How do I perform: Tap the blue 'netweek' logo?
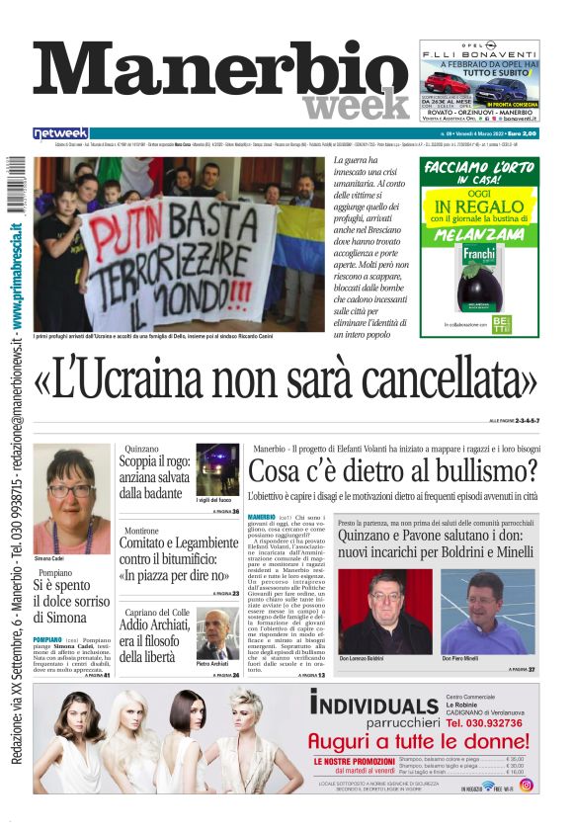[61, 133]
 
